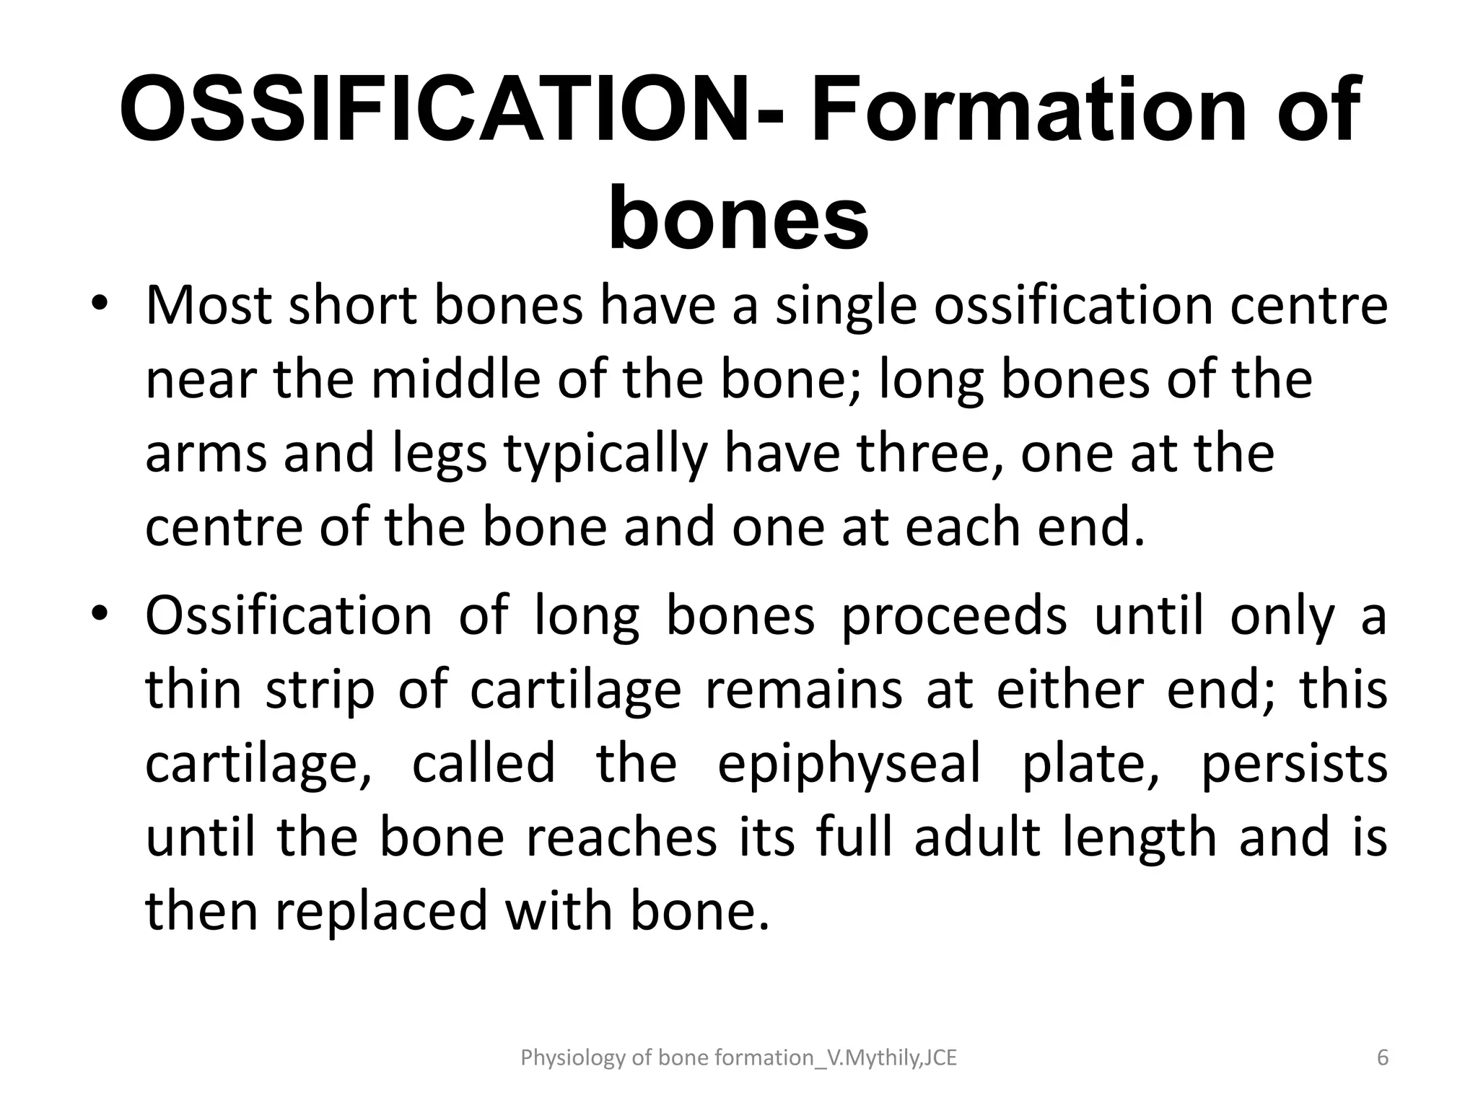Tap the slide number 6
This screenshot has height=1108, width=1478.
[x=1382, y=1058]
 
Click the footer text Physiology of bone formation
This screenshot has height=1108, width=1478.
[x=738, y=1058]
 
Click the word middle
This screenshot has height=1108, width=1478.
[x=455, y=379]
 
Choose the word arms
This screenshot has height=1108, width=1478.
[x=206, y=454]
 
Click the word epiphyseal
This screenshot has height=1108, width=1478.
[x=849, y=765]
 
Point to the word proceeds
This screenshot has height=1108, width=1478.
[x=953, y=617]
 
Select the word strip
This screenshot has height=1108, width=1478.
[x=321, y=691]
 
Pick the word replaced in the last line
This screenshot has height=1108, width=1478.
[x=382, y=913]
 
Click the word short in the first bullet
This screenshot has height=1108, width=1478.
[x=352, y=305]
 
